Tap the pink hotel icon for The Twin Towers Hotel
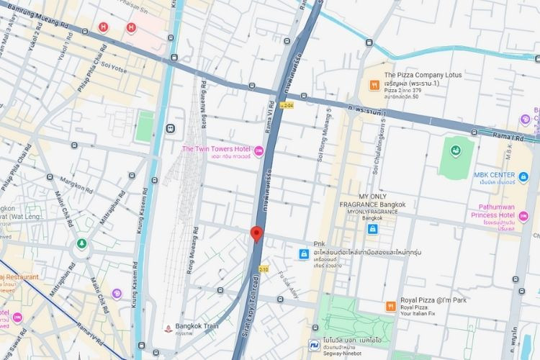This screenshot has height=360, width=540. click(259, 150)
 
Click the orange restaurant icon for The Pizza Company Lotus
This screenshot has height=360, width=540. click(374, 85)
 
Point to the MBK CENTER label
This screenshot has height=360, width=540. click(494, 175)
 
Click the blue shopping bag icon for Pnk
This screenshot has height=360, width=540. click(304, 253)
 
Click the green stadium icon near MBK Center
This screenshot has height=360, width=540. click(455, 151)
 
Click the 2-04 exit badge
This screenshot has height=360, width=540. click(288, 105)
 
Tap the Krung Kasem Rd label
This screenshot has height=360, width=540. click(135, 259)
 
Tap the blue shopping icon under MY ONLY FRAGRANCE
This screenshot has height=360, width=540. click(372, 229)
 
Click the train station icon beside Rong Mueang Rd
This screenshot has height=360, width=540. click(170, 128)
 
